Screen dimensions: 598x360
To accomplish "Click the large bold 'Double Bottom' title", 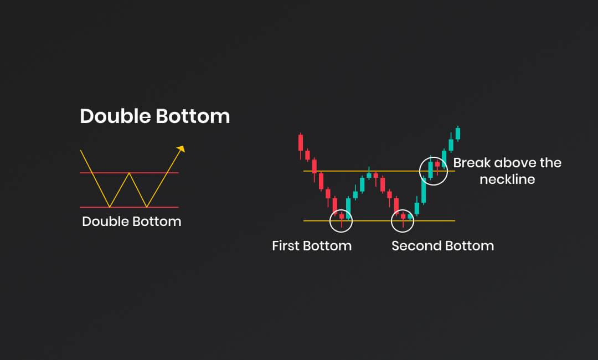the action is click(155, 116).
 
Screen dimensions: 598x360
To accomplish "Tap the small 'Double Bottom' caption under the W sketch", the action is click(132, 221).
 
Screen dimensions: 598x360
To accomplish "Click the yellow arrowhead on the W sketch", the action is click(181, 149).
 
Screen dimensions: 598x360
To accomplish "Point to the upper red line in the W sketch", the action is click(129, 173).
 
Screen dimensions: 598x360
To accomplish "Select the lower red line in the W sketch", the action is click(129, 207).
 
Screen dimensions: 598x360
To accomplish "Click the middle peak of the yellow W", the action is click(129, 173).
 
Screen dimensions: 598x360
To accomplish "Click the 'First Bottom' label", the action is click(312, 245).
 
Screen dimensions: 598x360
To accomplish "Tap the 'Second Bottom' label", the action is click(443, 245).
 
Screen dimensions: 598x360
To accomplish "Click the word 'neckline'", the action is click(507, 179).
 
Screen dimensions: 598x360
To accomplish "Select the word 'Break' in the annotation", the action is click(471, 163).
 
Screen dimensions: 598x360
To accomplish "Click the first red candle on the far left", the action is click(301, 143).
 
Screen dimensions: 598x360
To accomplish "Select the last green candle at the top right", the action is click(458, 133).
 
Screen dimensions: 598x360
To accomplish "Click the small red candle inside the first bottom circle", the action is click(341, 217).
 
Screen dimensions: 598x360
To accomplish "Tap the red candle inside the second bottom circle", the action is click(403, 217).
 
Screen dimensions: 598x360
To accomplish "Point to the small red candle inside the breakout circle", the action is click(437, 164).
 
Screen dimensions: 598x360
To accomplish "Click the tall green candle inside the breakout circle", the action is click(430, 169).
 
